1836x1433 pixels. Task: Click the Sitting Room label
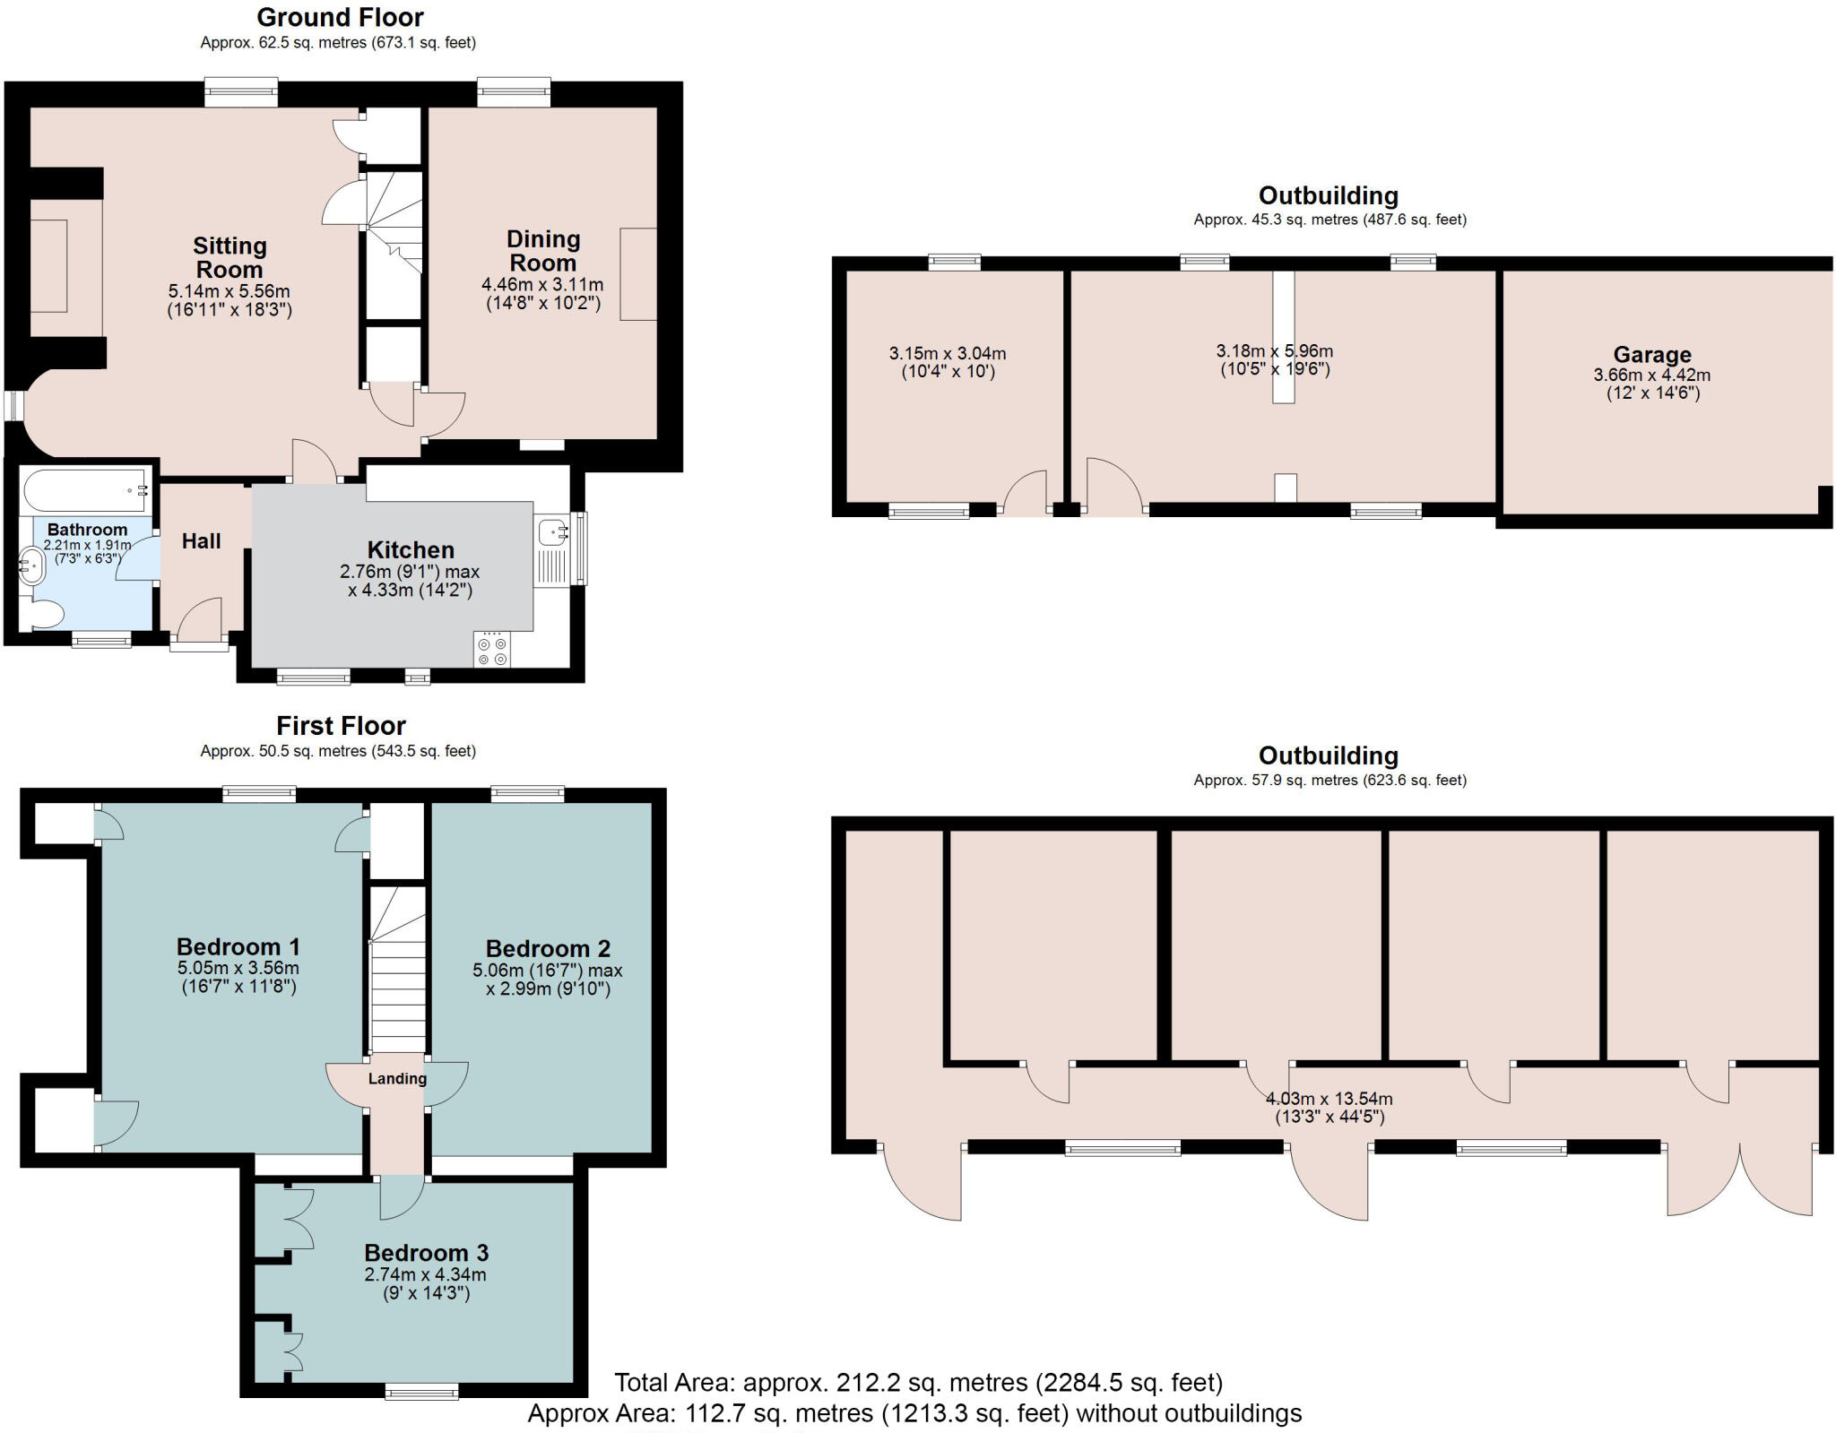pyautogui.click(x=229, y=257)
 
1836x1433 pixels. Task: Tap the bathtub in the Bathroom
pyautogui.click(x=85, y=490)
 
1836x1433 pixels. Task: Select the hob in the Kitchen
pyautogui.click(x=492, y=651)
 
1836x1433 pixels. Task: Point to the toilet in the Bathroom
pyautogui.click(x=44, y=615)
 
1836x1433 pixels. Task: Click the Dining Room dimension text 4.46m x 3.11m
pyautogui.click(x=542, y=285)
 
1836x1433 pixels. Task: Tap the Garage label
pyautogui.click(x=1651, y=354)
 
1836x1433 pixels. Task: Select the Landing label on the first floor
pyautogui.click(x=397, y=1078)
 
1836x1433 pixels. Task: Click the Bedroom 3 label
pyautogui.click(x=426, y=1252)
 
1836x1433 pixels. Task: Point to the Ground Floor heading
pyautogui.click(x=340, y=17)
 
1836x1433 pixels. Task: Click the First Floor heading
pyautogui.click(x=341, y=725)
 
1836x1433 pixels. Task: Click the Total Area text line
pyautogui.click(x=918, y=1382)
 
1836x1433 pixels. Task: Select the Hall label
pyautogui.click(x=201, y=540)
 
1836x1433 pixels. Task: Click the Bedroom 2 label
pyautogui.click(x=548, y=948)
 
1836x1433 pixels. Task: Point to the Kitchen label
pyautogui.click(x=411, y=549)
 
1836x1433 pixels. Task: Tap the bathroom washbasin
pyautogui.click(x=32, y=566)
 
